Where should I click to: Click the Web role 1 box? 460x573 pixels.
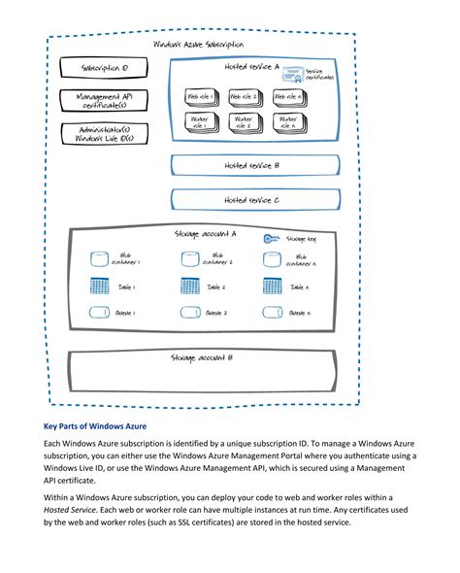tap(200, 97)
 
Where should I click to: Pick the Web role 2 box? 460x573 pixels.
tap(243, 97)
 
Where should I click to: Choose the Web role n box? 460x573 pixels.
tap(287, 97)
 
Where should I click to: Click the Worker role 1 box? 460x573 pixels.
tap(200, 122)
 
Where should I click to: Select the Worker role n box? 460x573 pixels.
tap(287, 122)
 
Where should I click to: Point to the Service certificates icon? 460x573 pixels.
tap(299, 72)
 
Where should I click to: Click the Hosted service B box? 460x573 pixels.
tap(252, 166)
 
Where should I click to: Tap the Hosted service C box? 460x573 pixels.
tap(252, 200)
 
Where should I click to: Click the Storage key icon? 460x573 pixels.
tap(272, 238)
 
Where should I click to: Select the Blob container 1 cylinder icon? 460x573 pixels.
tap(98, 259)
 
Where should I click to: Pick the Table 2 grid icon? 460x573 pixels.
tap(190, 286)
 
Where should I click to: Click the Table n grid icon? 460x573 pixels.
tap(273, 286)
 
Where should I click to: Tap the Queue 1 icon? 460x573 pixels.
tap(98, 313)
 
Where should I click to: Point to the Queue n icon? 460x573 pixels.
tap(273, 313)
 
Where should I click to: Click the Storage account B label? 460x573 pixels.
tap(202, 358)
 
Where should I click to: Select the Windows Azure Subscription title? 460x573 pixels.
tap(200, 45)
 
